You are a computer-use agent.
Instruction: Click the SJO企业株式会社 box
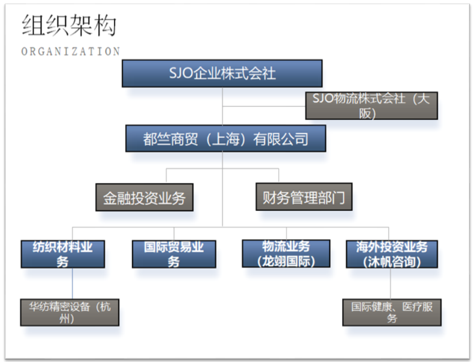[222, 73]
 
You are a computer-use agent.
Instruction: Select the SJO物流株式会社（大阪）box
[371, 105]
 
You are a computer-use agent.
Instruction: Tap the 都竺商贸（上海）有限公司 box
[225, 139]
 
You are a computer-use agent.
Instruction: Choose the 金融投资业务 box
[144, 198]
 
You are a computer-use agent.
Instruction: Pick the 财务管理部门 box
[304, 197]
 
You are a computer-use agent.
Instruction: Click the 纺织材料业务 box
[63, 254]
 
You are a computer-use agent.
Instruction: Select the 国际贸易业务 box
[174, 254]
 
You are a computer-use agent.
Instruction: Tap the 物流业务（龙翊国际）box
[286, 254]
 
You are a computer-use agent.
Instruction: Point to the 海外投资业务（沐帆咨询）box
[392, 254]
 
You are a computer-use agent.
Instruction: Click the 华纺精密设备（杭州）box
[70, 312]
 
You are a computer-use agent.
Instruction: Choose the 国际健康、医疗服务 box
[392, 312]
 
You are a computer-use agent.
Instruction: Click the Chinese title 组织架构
[69, 25]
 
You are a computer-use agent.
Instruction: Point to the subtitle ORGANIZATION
[70, 51]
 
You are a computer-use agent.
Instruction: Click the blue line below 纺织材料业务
[72, 284]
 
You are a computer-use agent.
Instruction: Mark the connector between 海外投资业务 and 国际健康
[390, 284]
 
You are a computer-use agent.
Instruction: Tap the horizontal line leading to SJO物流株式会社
[264, 106]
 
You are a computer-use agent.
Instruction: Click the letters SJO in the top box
[180, 73]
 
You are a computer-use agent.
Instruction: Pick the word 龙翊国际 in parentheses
[286, 261]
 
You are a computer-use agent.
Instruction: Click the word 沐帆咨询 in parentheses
[392, 262]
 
